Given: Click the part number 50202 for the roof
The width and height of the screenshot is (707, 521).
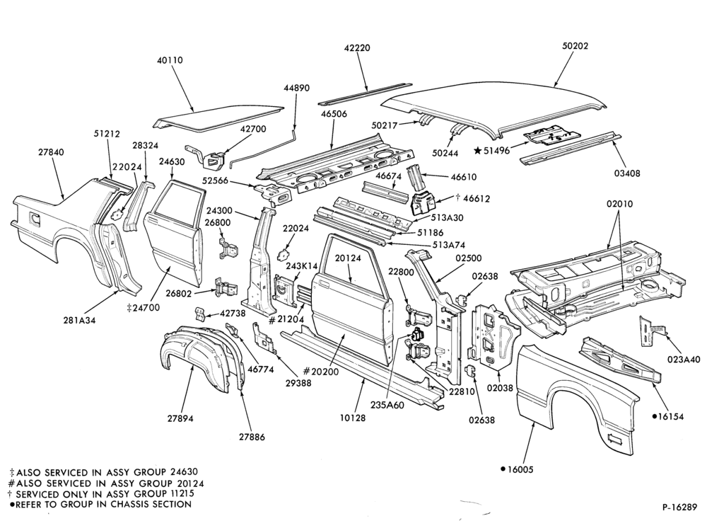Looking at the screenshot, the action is click(x=575, y=46).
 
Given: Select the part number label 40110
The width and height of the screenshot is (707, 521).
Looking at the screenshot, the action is click(x=170, y=60).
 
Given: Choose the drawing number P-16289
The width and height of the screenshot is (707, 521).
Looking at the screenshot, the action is click(x=680, y=507).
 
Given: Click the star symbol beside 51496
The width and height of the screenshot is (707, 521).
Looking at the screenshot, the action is click(x=477, y=150).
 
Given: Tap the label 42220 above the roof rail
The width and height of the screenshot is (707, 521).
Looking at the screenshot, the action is click(x=358, y=48).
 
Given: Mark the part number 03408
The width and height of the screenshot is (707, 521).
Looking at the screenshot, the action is click(x=626, y=173).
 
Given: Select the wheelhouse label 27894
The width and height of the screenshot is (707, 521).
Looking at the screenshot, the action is click(x=180, y=418).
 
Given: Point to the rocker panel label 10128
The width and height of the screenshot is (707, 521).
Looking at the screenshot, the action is click(x=353, y=418).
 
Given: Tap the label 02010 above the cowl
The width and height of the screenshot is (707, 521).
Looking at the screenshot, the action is click(x=619, y=204).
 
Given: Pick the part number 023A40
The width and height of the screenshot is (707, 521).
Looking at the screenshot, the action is click(x=684, y=360).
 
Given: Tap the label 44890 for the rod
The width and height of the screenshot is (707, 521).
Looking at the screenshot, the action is click(x=297, y=88).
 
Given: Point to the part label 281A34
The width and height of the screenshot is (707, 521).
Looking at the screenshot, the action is click(x=79, y=320).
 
